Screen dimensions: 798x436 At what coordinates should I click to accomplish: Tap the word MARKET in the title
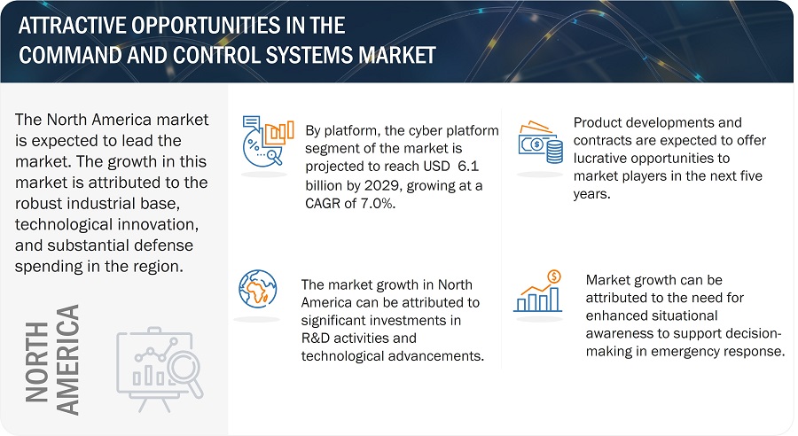pyautogui.click(x=397, y=55)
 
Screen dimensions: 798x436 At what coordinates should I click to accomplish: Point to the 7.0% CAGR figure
pyautogui.click(x=378, y=204)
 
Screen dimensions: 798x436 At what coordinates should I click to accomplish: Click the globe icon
pyautogui.click(x=258, y=289)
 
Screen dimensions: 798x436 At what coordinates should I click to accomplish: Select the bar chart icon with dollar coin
pyautogui.click(x=538, y=291)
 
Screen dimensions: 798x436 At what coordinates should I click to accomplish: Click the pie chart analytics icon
pyautogui.click(x=268, y=142)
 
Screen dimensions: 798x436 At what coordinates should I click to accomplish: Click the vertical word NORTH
pyautogui.click(x=36, y=362)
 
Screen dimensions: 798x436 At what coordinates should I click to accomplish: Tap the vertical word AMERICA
pyautogui.click(x=67, y=360)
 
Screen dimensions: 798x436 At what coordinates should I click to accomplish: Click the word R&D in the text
pyautogui.click(x=316, y=339)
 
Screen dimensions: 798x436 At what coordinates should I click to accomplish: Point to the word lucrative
pyautogui.click(x=601, y=159)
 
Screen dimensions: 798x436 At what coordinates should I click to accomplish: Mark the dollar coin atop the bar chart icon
pyautogui.click(x=553, y=276)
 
